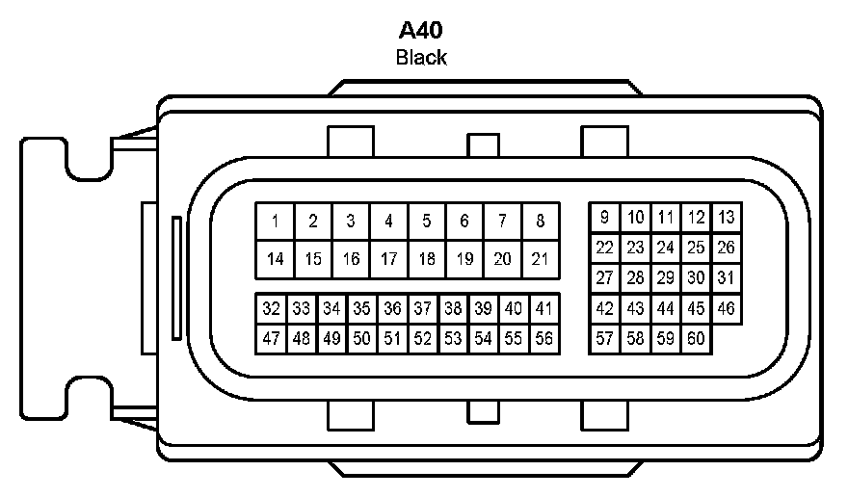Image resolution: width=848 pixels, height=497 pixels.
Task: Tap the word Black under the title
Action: click(x=421, y=57)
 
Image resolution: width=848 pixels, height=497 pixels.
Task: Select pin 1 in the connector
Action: click(x=275, y=222)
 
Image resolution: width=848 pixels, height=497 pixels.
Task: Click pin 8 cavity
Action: click(x=540, y=222)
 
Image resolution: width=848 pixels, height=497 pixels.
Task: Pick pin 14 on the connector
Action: click(x=275, y=259)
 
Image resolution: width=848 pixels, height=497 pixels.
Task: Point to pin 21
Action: click(x=540, y=259)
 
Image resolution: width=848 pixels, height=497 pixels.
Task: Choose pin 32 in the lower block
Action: click(x=271, y=309)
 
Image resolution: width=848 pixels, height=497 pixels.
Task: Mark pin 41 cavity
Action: click(x=544, y=309)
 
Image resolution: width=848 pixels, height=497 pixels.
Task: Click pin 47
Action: click(x=271, y=338)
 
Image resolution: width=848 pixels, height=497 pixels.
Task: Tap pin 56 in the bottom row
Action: click(x=544, y=338)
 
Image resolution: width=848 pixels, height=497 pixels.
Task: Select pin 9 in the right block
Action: click(x=604, y=218)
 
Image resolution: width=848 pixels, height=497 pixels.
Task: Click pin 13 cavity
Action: click(x=726, y=218)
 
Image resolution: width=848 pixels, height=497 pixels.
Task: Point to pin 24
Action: click(x=665, y=248)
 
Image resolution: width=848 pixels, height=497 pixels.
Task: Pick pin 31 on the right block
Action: click(x=726, y=278)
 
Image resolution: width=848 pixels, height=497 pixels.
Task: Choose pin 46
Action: click(x=726, y=309)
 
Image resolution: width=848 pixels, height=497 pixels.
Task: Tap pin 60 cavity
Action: click(x=696, y=339)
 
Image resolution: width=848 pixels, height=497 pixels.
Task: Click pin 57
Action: click(x=604, y=339)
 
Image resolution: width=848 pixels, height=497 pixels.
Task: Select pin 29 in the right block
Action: click(x=665, y=278)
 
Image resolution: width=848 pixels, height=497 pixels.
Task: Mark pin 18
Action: click(x=426, y=259)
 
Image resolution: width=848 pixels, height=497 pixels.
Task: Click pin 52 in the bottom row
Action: click(x=422, y=338)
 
